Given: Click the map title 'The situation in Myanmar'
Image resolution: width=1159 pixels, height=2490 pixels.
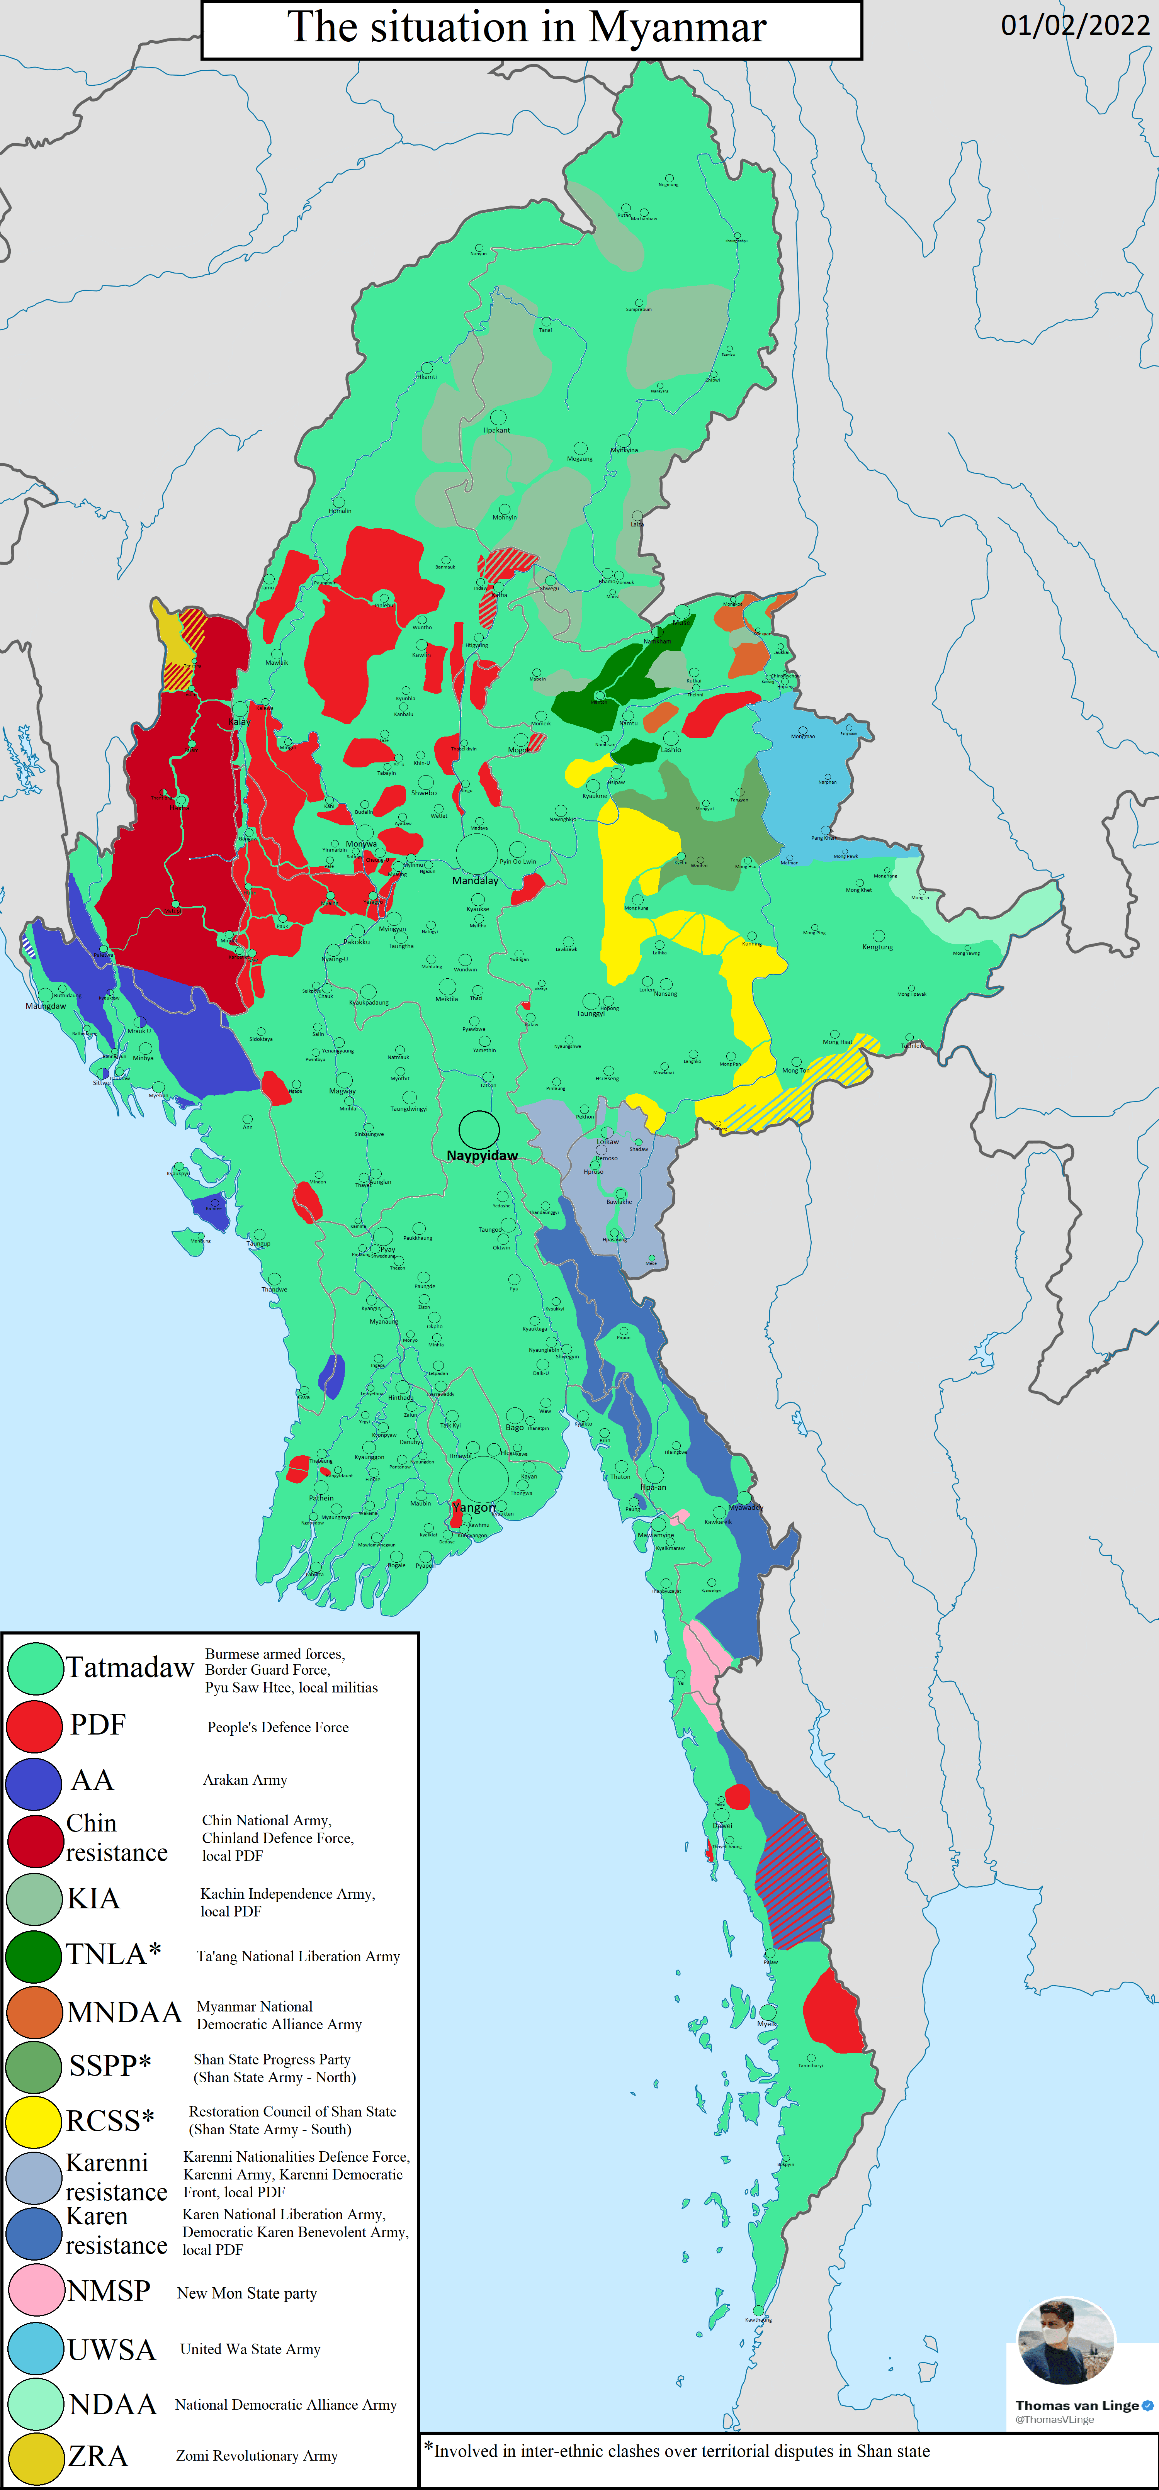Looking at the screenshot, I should pyautogui.click(x=527, y=28).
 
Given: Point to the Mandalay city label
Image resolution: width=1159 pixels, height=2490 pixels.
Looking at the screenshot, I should pyautogui.click(x=475, y=881).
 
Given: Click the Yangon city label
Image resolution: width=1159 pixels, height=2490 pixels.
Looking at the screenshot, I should pyautogui.click(x=474, y=1507).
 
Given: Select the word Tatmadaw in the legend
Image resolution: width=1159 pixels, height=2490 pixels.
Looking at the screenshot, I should pyautogui.click(x=129, y=1667).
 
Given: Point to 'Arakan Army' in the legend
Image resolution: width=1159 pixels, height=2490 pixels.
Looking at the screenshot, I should pyautogui.click(x=245, y=1780).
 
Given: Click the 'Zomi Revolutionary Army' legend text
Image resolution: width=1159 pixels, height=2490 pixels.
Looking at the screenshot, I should pyautogui.click(x=256, y=2455).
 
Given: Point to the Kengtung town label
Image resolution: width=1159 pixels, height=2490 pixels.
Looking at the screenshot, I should pyautogui.click(x=878, y=947).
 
